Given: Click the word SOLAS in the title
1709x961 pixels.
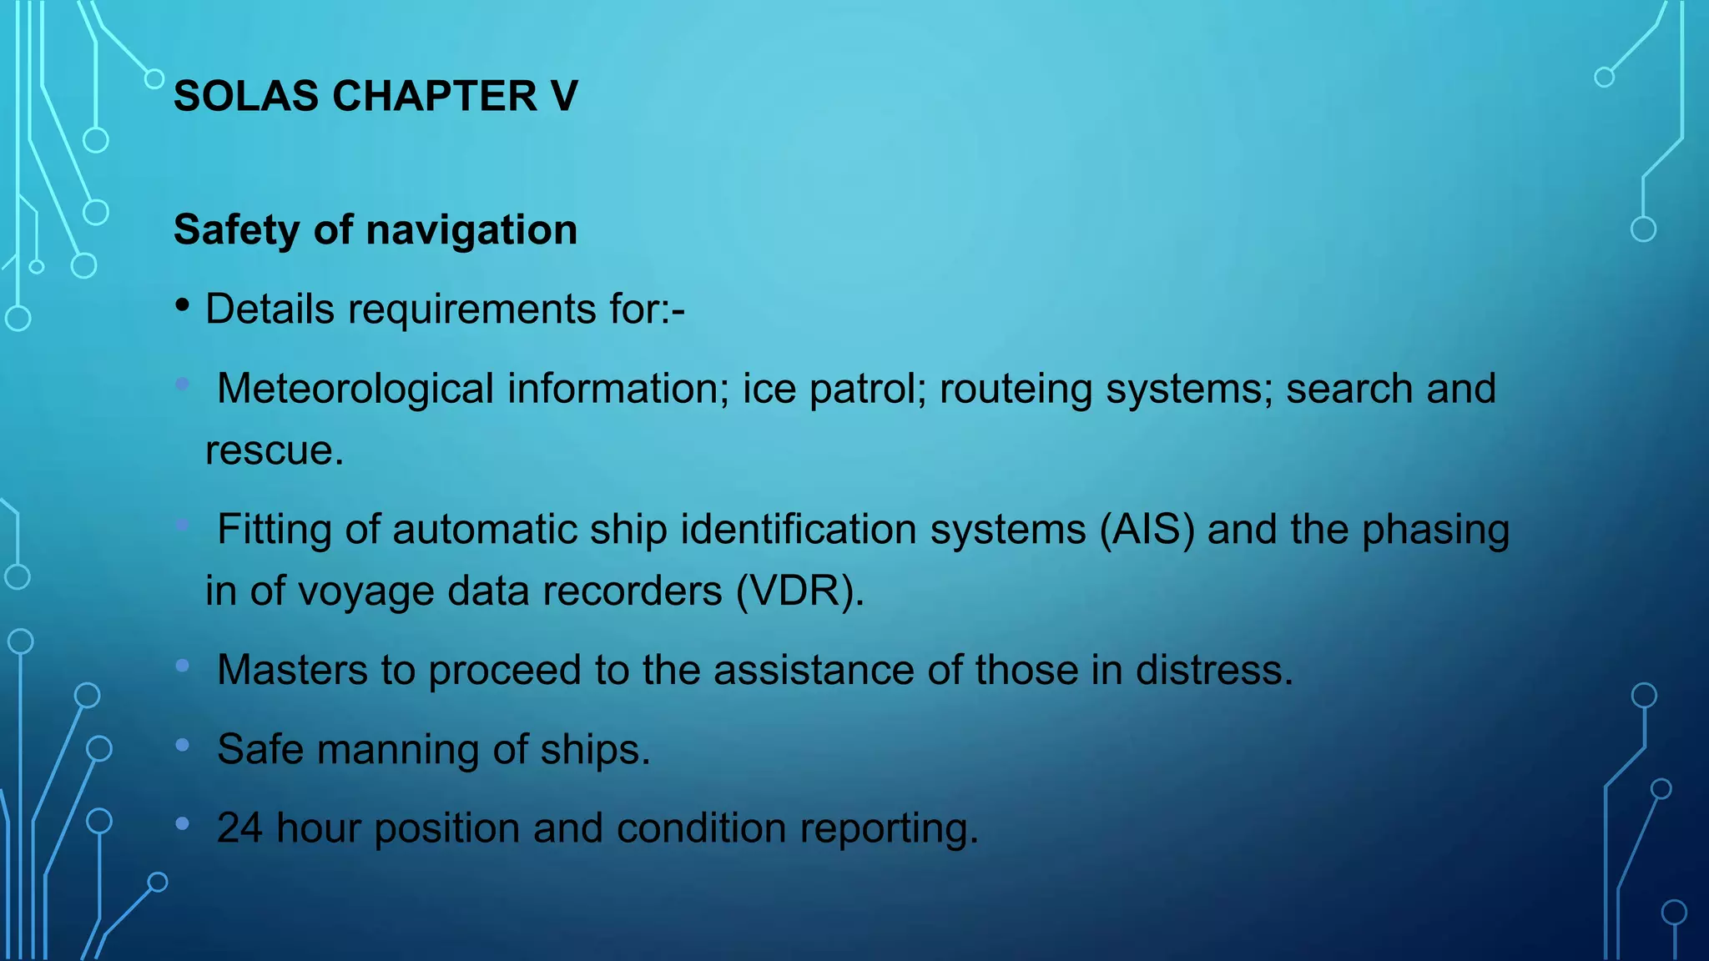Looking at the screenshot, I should click(247, 96).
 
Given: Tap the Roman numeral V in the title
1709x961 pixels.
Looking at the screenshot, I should click(564, 96).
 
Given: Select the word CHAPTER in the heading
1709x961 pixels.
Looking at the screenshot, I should click(434, 96).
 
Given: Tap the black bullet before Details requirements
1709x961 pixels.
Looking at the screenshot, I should click(183, 306).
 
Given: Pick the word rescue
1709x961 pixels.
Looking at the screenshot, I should click(274, 451).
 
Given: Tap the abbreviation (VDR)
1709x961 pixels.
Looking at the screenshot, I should click(799, 591).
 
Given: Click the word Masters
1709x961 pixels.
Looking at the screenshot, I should click(292, 670).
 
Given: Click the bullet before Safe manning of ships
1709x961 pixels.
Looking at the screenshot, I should click(183, 745).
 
